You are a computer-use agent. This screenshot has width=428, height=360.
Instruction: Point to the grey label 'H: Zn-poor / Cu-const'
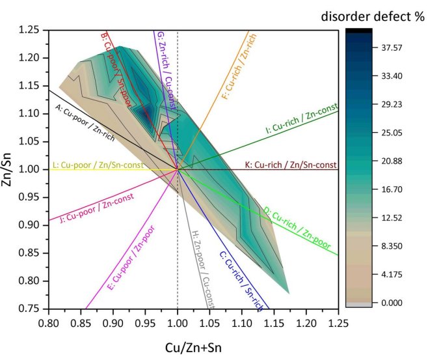coord(201,267)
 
